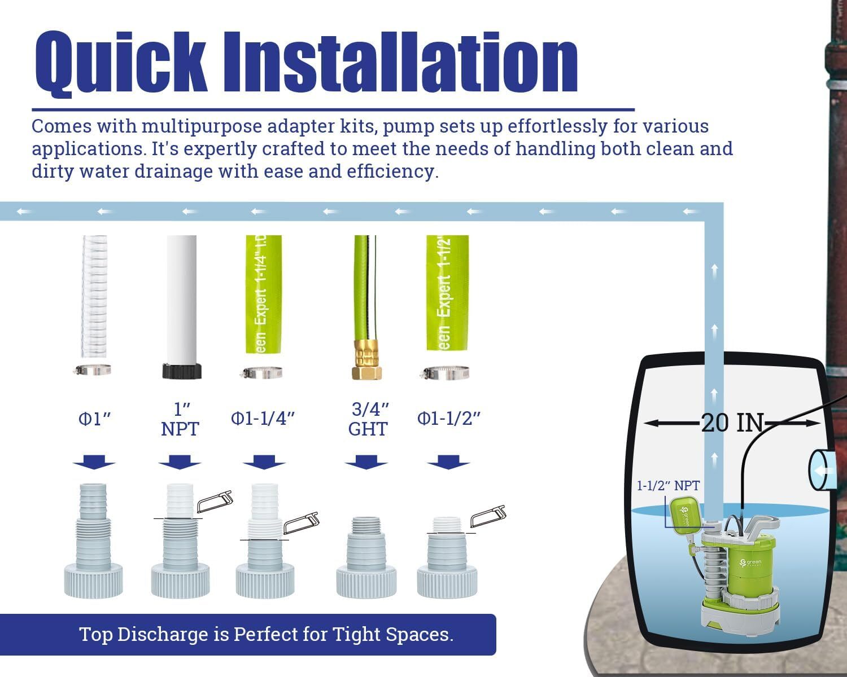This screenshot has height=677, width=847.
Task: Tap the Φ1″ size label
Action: (x=94, y=419)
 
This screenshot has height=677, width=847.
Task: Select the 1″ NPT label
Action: (x=180, y=419)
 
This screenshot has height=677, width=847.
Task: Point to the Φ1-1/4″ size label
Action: (x=263, y=418)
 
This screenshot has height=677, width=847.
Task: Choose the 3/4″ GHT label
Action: (x=368, y=419)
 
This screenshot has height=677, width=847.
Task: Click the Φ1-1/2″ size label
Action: (x=449, y=418)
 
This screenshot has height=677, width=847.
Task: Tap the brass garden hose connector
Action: (x=366, y=359)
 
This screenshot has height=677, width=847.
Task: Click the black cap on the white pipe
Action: (x=182, y=371)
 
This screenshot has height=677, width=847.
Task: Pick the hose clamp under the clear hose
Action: (x=92, y=370)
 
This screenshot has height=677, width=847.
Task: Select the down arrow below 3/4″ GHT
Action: (x=366, y=462)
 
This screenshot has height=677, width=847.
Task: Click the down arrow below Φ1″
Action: (x=94, y=462)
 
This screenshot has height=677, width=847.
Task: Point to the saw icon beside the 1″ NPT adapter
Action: (x=215, y=502)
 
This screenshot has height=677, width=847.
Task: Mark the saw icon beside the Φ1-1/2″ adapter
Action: (x=488, y=516)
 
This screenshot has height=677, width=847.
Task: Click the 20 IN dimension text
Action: (x=732, y=423)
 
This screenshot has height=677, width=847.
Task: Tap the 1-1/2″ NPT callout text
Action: (x=668, y=486)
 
